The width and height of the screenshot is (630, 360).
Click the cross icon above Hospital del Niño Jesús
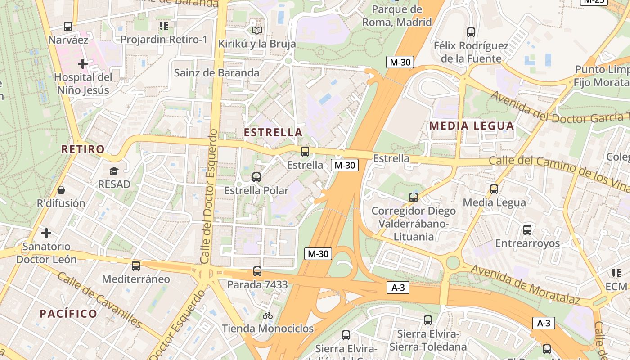click(82, 64)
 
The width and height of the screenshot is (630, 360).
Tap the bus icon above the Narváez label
click(68, 27)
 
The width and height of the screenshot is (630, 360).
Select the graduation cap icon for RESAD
click(114, 171)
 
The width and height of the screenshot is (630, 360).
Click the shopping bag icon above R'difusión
click(61, 190)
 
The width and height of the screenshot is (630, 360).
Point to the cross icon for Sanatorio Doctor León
click(46, 233)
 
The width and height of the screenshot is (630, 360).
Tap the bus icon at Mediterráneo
click(136, 265)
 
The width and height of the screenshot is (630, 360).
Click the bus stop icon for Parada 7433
click(257, 271)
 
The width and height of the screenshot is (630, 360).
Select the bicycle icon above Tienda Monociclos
click(268, 315)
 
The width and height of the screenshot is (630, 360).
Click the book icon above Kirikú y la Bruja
click(256, 30)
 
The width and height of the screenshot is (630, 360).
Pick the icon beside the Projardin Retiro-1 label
click(163, 26)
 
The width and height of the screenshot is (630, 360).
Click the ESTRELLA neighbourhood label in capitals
click(273, 132)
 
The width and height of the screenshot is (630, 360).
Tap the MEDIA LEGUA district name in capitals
click(472, 126)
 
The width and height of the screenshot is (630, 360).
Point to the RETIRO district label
click(83, 149)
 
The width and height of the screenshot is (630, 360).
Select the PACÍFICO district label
click(68, 314)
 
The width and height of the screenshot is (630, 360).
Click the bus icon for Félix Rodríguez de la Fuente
click(471, 32)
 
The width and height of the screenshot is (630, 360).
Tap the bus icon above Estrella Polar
click(256, 177)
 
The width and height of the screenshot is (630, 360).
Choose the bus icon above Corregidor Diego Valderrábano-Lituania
click(413, 197)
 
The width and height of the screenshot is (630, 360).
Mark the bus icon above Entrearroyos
click(527, 230)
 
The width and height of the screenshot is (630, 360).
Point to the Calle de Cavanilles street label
click(100, 300)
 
